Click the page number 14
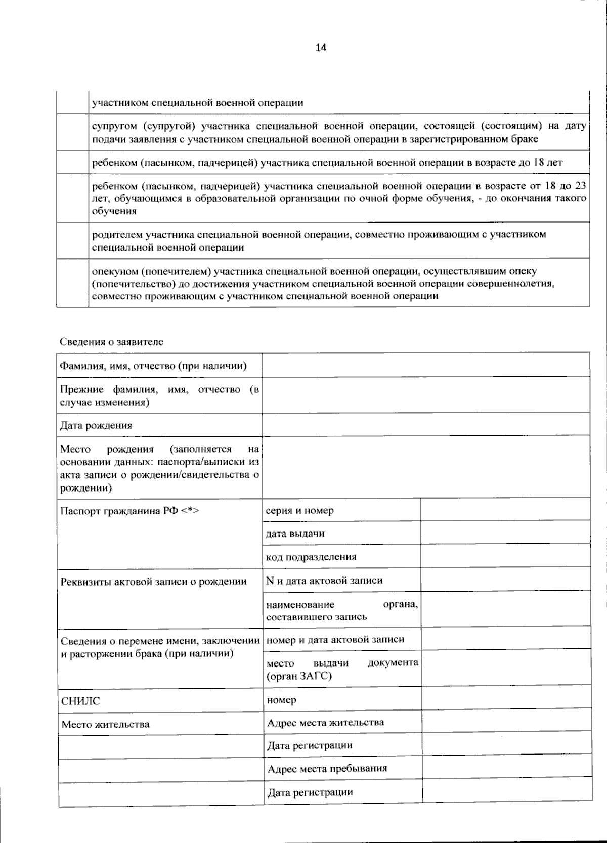click(321, 48)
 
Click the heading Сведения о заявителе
click(111, 342)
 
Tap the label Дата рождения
click(96, 425)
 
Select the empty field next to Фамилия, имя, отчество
click(425, 365)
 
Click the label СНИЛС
click(80, 701)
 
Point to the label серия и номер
click(299, 511)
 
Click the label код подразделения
click(311, 557)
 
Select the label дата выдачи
click(295, 534)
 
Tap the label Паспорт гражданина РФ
click(129, 511)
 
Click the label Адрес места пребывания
click(327, 769)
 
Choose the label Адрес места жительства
click(325, 723)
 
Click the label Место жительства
click(105, 725)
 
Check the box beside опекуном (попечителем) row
click(72, 283)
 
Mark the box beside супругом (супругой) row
click(72, 132)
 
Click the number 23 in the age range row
click(581, 186)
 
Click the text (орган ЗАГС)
click(299, 676)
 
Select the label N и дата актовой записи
click(324, 581)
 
